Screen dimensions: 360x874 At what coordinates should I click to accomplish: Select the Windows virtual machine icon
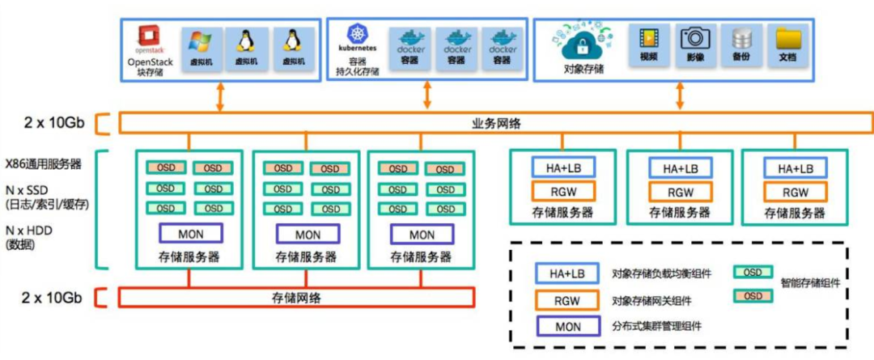click(201, 42)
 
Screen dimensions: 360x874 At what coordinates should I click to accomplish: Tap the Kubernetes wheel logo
click(357, 34)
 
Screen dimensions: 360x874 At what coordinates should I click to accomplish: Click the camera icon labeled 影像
click(694, 39)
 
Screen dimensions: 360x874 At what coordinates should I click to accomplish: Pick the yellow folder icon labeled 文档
click(787, 39)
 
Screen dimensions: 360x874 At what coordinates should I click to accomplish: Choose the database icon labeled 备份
click(741, 39)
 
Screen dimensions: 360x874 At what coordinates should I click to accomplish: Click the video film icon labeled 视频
click(648, 39)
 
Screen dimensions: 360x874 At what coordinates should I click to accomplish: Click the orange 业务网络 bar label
click(496, 124)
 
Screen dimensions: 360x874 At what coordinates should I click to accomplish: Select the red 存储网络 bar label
click(295, 298)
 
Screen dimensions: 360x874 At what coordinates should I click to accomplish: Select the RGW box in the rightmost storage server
click(796, 192)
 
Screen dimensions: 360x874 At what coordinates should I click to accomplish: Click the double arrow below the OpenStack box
click(219, 96)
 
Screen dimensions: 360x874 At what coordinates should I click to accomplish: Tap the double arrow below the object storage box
click(680, 96)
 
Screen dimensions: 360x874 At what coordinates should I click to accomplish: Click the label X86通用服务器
click(44, 163)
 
